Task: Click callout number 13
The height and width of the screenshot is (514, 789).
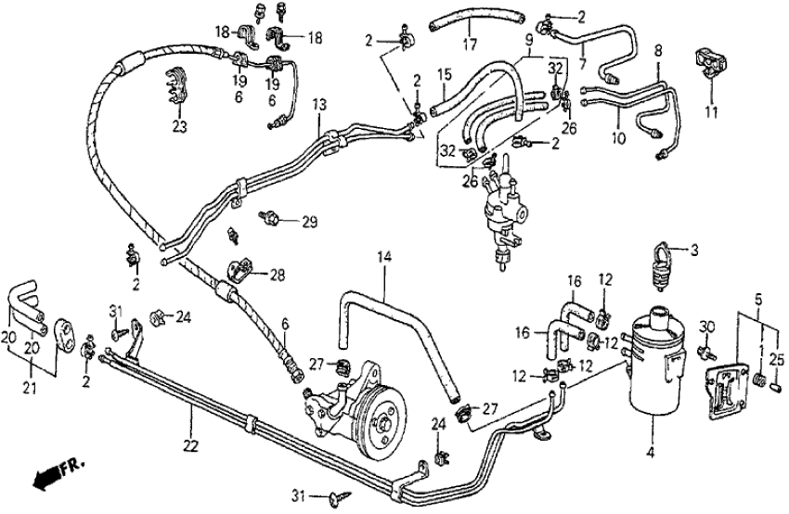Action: (x=318, y=105)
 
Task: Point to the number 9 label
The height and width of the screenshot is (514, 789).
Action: (x=528, y=41)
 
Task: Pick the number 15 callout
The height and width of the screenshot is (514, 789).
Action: (x=444, y=73)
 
